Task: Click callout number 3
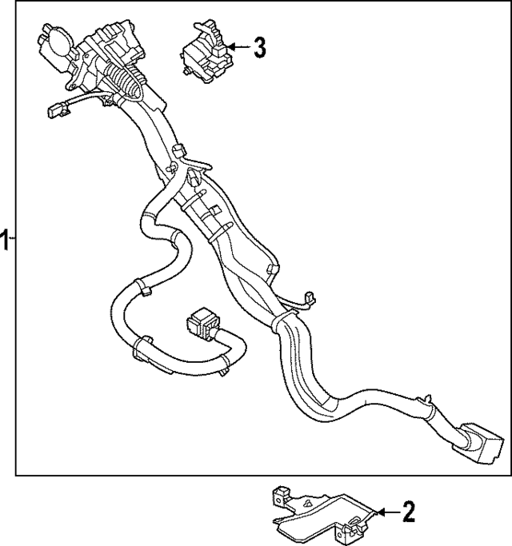[258, 48]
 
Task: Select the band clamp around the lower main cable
[279, 323]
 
